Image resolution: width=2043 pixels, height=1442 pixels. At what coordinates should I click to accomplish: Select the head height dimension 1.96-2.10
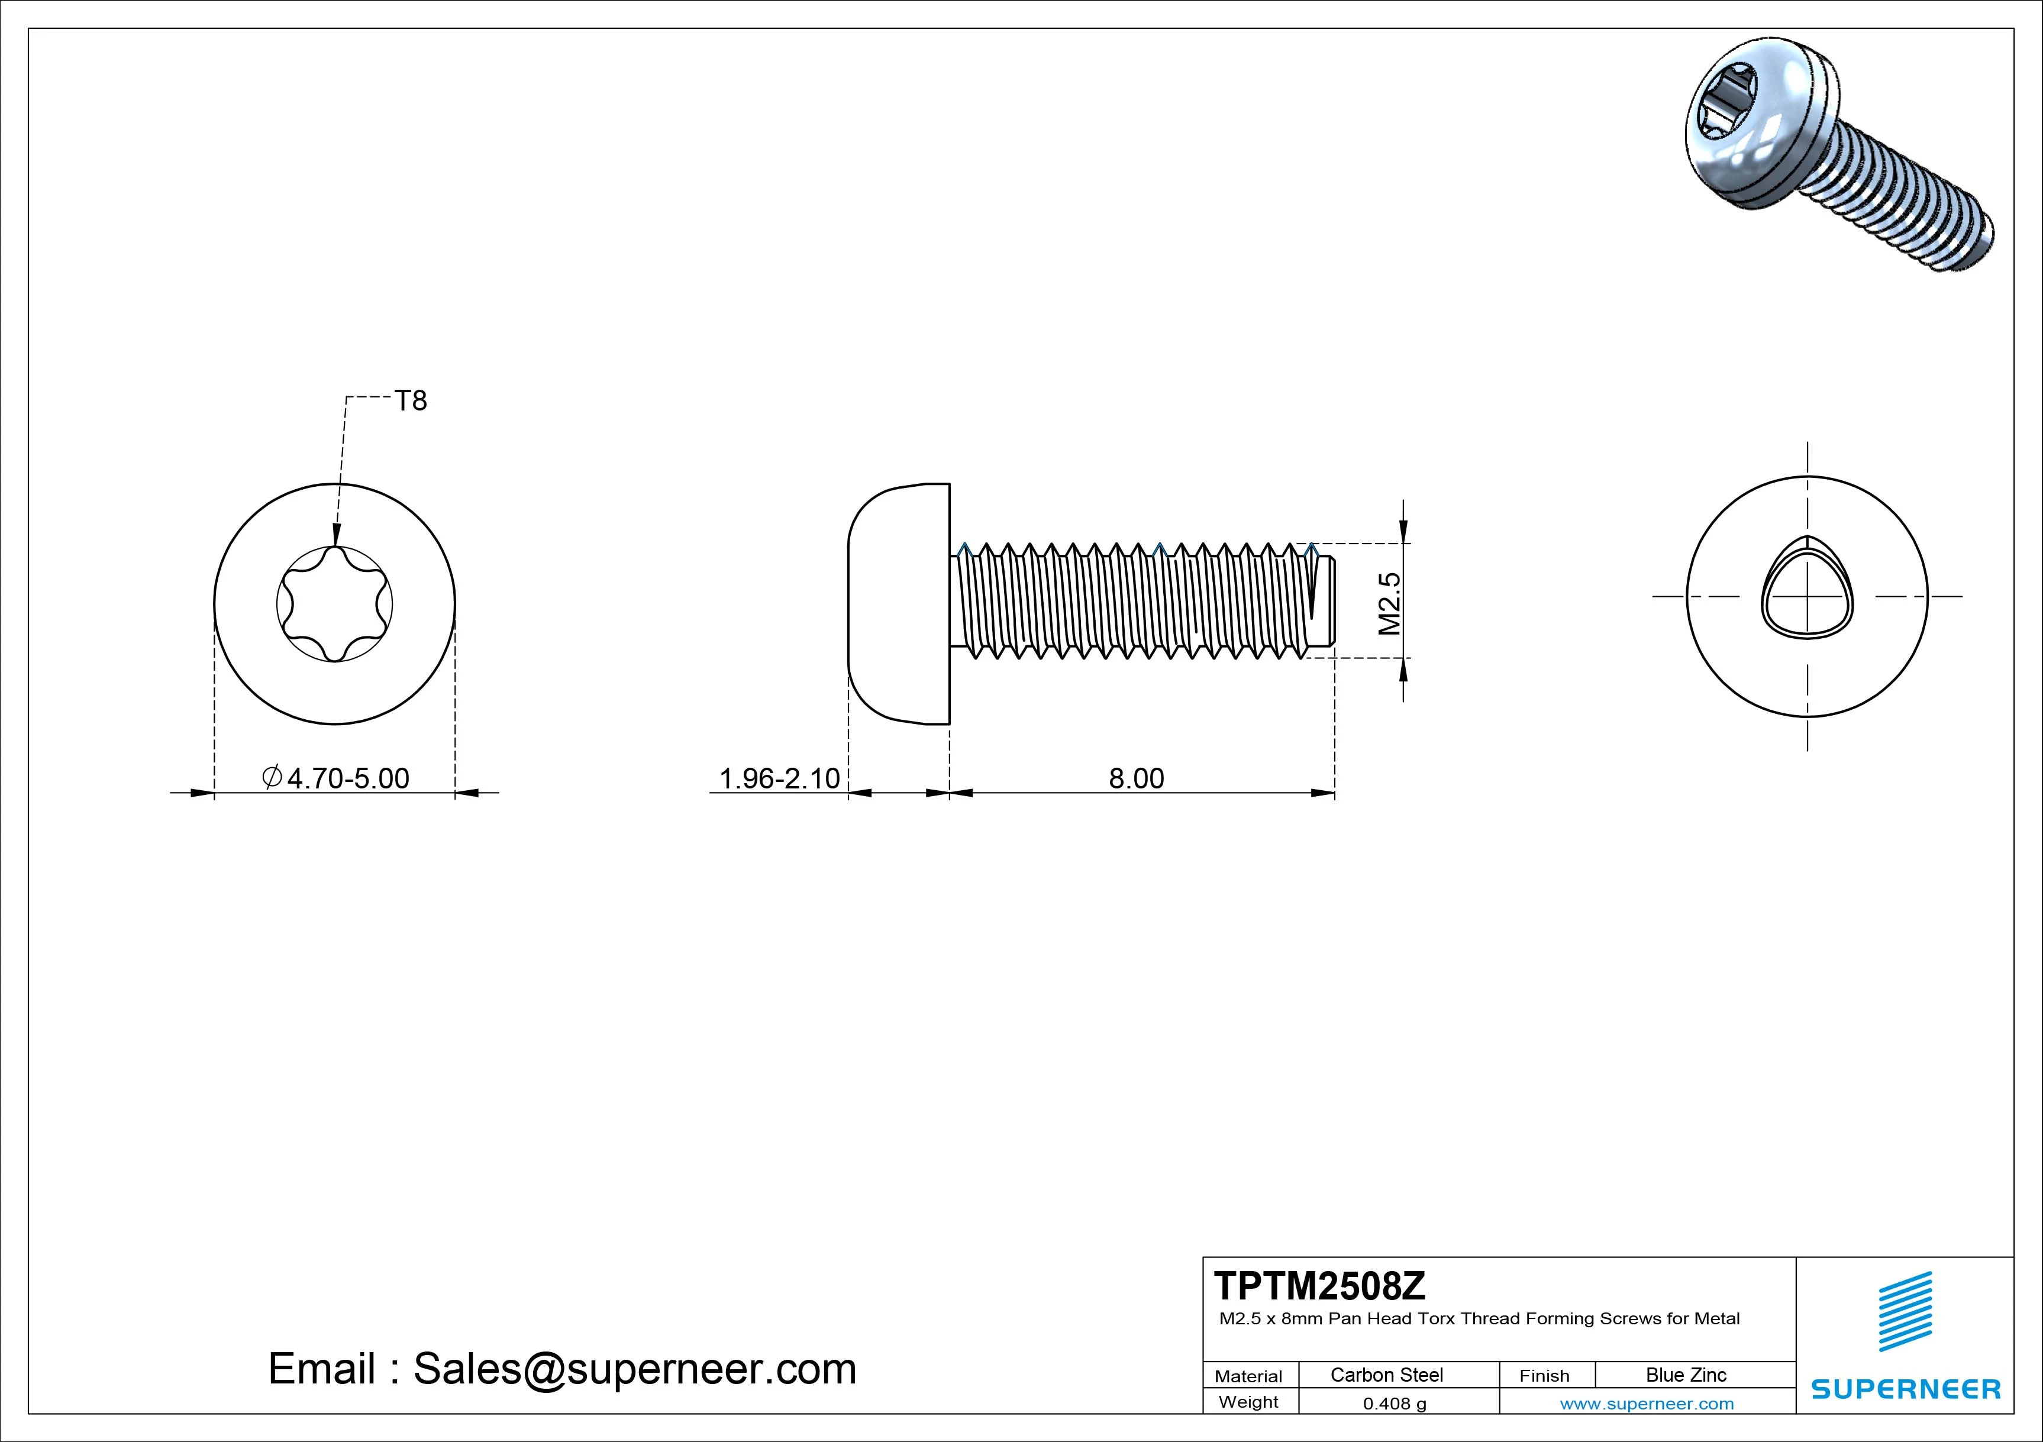779,778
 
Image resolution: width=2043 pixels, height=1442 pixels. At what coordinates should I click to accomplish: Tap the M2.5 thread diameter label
1390,603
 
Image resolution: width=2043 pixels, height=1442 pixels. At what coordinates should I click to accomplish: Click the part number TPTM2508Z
1319,1285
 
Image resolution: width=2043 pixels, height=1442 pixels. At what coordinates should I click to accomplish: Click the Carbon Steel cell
1386,1375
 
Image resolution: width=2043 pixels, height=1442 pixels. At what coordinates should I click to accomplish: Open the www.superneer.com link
1646,1404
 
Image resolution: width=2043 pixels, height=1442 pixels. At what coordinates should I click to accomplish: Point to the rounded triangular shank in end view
1806,596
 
